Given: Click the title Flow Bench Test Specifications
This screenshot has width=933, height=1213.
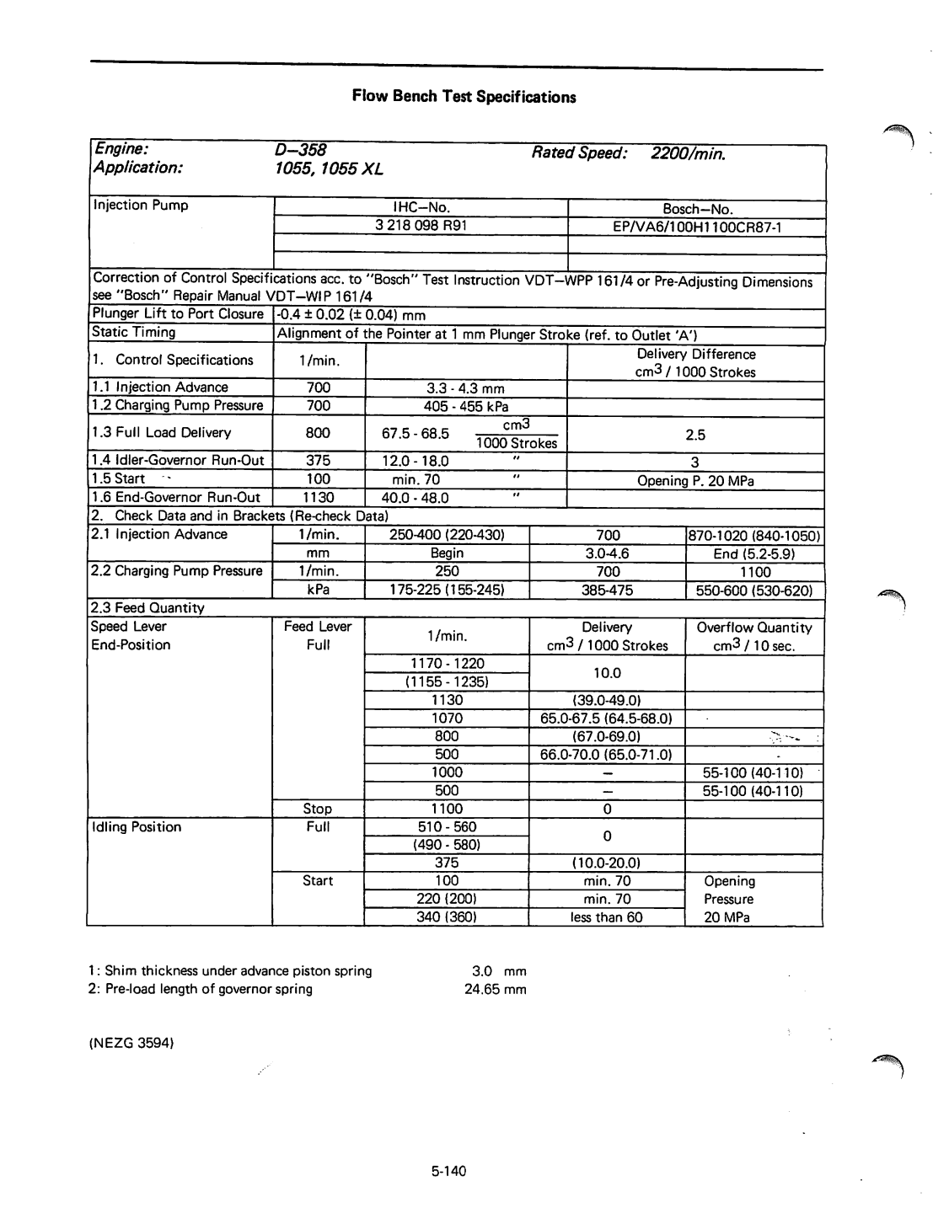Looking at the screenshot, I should pyautogui.click(x=464, y=96).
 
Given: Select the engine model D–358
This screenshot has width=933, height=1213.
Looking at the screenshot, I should pyautogui.click(x=300, y=151).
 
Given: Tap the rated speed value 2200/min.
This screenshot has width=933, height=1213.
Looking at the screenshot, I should pyautogui.click(x=688, y=153).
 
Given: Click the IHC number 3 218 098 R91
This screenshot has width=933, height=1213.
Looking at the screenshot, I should pyautogui.click(x=421, y=226).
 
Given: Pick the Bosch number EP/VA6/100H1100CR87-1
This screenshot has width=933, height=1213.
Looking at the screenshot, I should pyautogui.click(x=697, y=227).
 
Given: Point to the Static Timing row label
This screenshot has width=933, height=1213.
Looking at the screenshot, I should pyautogui.click(x=134, y=333).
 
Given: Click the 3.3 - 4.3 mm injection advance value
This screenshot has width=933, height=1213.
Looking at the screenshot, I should pyautogui.click(x=465, y=388).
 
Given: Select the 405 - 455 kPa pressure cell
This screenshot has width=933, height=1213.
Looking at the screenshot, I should pyautogui.click(x=465, y=406).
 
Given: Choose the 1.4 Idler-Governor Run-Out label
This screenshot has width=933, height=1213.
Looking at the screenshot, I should pyautogui.click(x=178, y=461).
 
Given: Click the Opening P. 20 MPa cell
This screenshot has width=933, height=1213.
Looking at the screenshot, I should pyautogui.click(x=695, y=481).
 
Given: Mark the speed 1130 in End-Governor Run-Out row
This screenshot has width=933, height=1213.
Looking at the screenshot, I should pyautogui.click(x=319, y=498).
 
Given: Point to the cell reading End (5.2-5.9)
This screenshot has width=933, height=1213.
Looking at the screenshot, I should pyautogui.click(x=754, y=553).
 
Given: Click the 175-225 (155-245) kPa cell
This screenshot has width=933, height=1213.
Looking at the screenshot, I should pyautogui.click(x=447, y=590).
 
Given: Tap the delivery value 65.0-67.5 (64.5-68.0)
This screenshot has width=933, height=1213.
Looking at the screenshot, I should pyautogui.click(x=606, y=719).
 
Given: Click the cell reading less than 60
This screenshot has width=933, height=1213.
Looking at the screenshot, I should pyautogui.click(x=606, y=917).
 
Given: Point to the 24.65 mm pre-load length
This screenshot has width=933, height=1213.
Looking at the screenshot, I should pyautogui.click(x=496, y=989).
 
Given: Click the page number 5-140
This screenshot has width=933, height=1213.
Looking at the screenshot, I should pyautogui.click(x=448, y=1171).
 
